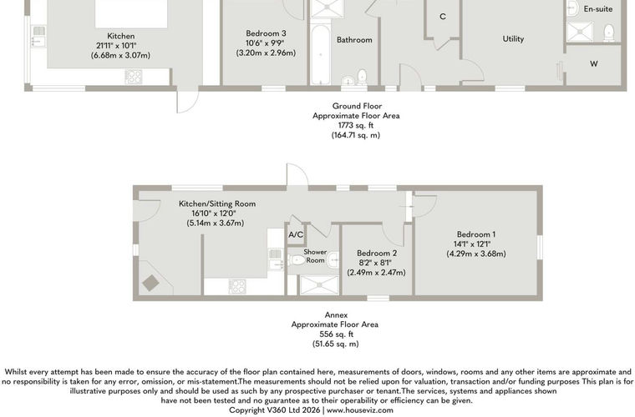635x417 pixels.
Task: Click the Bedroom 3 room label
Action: point(266,33)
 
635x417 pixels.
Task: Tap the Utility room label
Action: point(513,39)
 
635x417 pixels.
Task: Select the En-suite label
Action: point(597,9)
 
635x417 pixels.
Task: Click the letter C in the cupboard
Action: point(443,17)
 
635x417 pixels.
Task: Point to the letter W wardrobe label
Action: point(594,63)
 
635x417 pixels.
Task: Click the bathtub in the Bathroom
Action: point(321,54)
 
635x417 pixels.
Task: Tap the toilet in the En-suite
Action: point(608,33)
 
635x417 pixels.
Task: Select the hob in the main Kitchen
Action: point(134,77)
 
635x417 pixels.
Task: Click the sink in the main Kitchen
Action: point(39,36)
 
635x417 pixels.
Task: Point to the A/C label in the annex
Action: point(296,234)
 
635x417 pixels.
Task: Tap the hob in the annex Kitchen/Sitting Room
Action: point(237,287)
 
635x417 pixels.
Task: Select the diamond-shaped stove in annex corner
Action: point(150,283)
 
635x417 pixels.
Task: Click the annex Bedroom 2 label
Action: point(377,253)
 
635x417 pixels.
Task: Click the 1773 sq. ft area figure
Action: point(356,125)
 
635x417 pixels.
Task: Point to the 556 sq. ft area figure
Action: point(337,334)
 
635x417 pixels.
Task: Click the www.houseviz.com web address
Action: point(360,410)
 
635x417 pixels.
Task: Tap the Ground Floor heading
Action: point(358,106)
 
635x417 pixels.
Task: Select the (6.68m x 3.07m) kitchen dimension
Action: point(120,55)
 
